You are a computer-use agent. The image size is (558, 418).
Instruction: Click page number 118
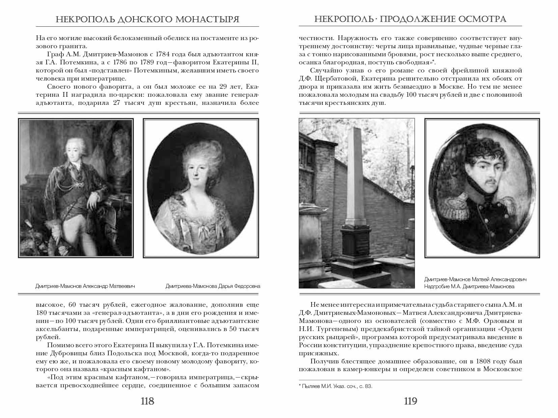pos(147,401)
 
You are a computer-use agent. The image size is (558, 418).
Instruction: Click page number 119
pos(410,401)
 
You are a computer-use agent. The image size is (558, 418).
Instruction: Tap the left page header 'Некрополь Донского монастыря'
pos(147,19)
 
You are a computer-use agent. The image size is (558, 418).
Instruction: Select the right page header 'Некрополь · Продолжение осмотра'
pos(410,19)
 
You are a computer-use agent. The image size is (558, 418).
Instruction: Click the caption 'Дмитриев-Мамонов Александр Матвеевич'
pos(85,286)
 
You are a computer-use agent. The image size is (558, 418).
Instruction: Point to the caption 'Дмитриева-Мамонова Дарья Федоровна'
pos(213,286)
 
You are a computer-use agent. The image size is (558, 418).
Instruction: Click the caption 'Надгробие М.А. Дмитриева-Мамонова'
pos(469,287)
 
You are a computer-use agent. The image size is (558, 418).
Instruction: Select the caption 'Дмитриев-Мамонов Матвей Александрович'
pos(475,279)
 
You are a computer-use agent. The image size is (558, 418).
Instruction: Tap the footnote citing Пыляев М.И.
pos(336,386)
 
